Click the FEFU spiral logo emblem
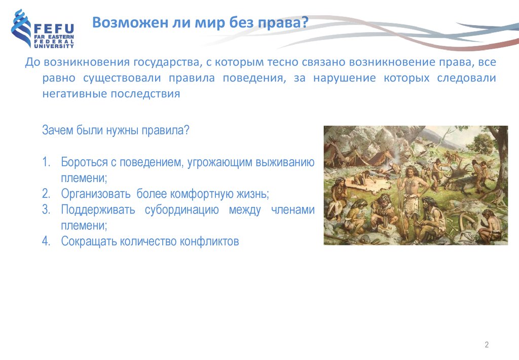point(20,28)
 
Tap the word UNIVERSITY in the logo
point(54,46)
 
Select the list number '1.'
point(46,162)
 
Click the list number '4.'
point(46,241)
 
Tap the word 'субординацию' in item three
point(182,210)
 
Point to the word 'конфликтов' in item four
point(209,241)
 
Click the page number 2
point(487,344)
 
